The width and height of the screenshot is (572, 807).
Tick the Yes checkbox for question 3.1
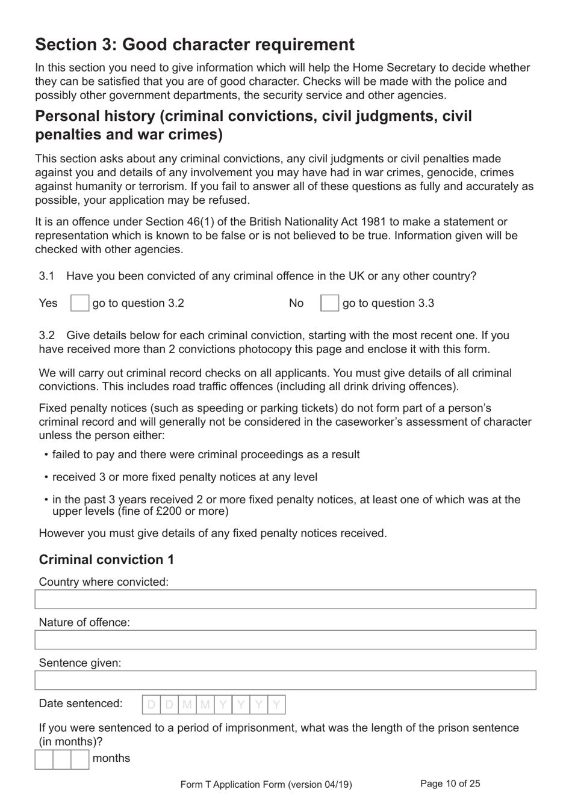79,303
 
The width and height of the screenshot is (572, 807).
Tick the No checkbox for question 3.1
329,303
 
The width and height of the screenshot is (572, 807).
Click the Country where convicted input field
285,600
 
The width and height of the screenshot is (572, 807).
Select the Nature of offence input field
285,640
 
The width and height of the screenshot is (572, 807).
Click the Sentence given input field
285,680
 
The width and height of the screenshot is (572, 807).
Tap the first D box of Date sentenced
151,705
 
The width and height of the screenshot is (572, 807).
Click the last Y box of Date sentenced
276,705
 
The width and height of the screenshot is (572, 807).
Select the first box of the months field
44,759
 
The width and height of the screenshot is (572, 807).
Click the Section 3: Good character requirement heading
194,44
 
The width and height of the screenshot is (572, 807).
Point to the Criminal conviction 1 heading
107,560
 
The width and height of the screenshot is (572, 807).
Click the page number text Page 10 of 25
450,784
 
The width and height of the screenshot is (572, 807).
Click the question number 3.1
47,276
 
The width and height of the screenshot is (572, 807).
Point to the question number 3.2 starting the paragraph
47,336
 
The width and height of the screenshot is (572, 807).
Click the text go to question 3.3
388,303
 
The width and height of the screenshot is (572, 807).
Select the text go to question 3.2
138,303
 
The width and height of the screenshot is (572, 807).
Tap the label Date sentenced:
80,704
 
